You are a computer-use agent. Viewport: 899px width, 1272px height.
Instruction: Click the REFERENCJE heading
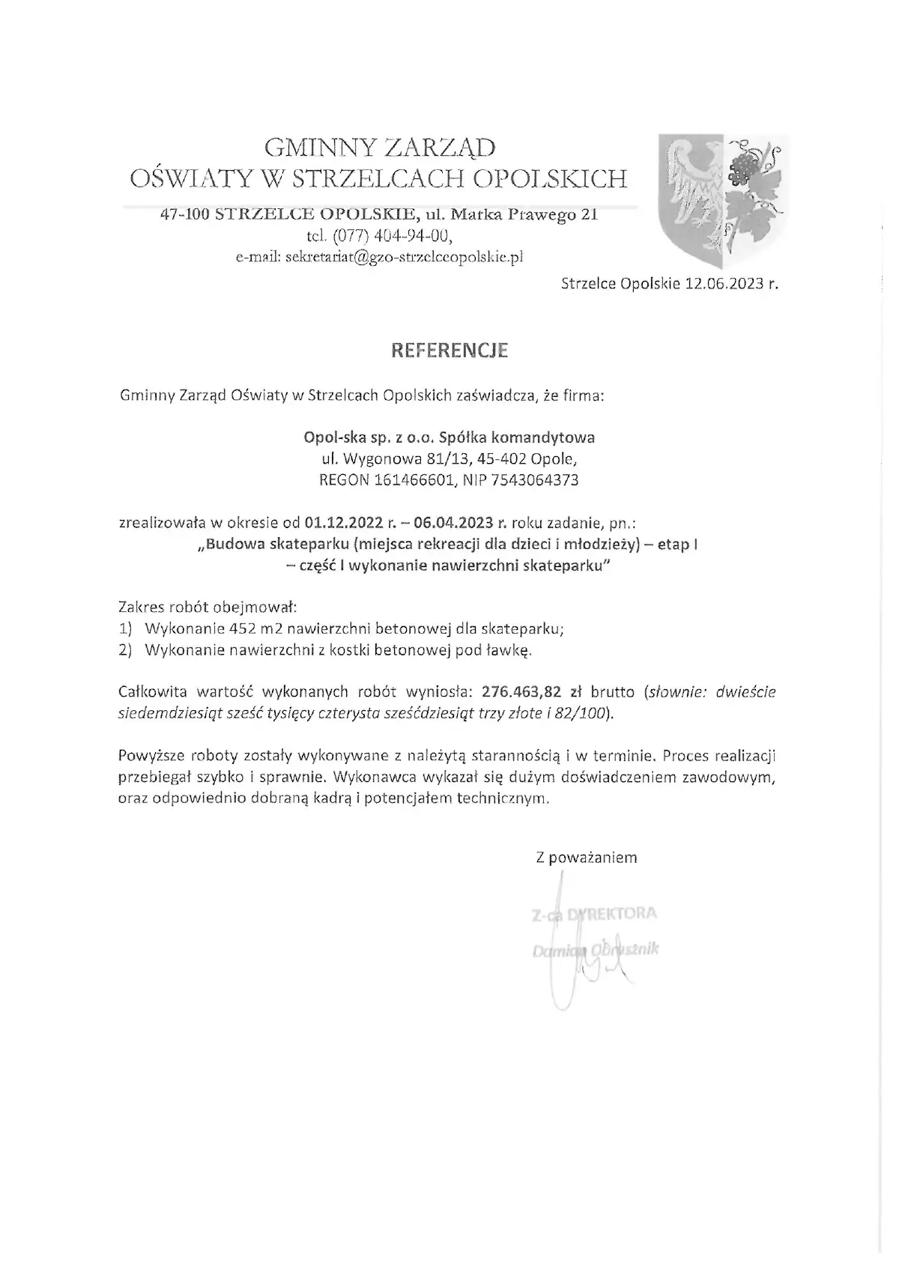point(449,351)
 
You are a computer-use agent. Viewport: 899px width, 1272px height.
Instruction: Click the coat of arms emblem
point(722,201)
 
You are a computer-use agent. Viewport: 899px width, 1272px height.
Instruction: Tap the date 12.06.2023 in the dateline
point(724,285)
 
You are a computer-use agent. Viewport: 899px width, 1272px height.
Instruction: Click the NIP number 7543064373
point(536,480)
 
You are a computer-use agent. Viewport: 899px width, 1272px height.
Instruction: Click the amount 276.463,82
point(521,691)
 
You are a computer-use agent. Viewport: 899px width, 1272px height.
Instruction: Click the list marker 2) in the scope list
point(126,650)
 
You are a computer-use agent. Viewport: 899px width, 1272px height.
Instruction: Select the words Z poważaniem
point(587,858)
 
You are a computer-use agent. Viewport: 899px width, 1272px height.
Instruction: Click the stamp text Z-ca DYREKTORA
point(594,914)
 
